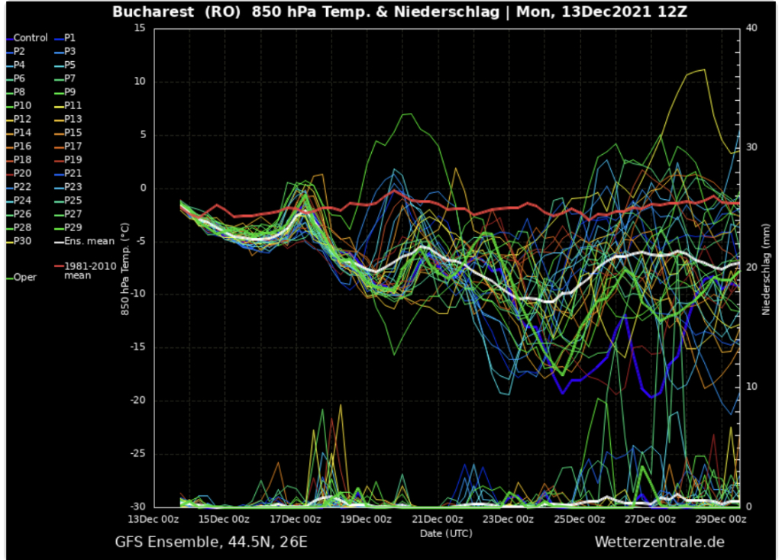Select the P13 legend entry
coord(73,119)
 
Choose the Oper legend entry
coord(24,277)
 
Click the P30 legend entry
coord(22,241)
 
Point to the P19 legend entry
coord(73,159)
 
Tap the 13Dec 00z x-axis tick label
coord(153,519)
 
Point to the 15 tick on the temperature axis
coord(138,27)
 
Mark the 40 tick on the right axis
coord(751,27)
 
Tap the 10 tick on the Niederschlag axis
coord(751,387)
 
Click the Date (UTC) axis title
coord(446,533)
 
